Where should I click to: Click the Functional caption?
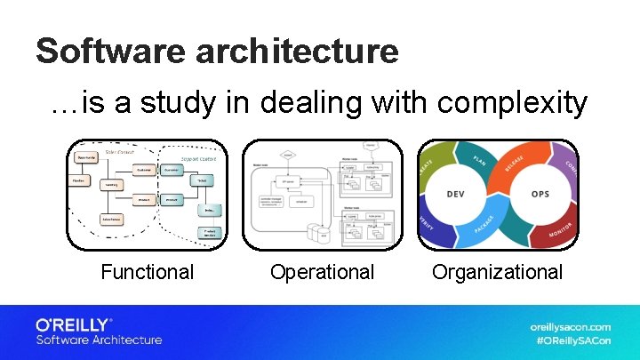click(147, 272)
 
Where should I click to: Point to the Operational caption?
click(322, 272)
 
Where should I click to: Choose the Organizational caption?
click(497, 272)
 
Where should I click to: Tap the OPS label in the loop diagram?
click(541, 194)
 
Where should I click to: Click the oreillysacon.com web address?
click(570, 326)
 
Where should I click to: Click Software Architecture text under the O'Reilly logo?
click(99, 340)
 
